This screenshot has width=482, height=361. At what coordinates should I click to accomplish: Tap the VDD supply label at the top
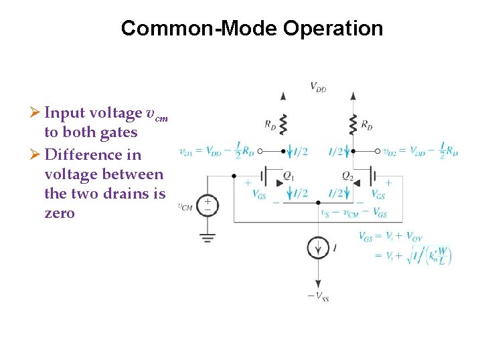click(x=318, y=86)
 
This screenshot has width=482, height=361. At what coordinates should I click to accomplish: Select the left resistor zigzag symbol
click(x=283, y=124)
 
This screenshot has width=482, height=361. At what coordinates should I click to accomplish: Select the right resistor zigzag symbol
click(x=353, y=124)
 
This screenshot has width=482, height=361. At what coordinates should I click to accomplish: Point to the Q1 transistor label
click(x=289, y=176)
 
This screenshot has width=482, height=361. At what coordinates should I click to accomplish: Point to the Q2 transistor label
click(x=347, y=176)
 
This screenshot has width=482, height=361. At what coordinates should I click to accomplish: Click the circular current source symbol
click(x=318, y=247)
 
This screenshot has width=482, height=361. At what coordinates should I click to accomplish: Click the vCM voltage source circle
click(x=208, y=205)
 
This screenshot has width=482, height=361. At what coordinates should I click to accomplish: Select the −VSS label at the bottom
click(x=318, y=296)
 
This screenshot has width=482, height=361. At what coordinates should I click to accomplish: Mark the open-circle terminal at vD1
click(x=260, y=151)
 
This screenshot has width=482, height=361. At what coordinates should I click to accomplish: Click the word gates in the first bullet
click(x=117, y=132)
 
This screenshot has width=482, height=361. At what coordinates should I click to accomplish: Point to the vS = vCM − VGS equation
click(x=353, y=213)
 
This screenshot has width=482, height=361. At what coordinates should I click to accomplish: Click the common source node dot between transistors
click(x=318, y=202)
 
